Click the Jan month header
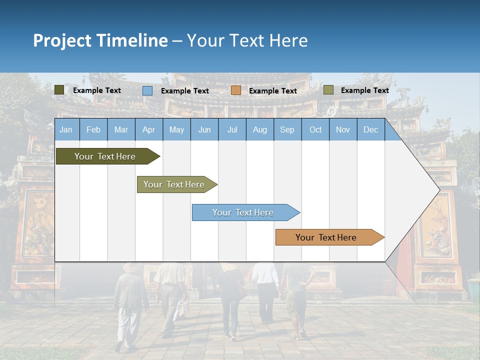point(66,130)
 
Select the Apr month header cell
point(148,130)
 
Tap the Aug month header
point(259,130)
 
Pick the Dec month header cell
point(370,130)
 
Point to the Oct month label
point(315,130)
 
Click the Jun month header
point(204,130)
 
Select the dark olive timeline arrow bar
point(105,156)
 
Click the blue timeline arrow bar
point(243,212)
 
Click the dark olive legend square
point(59,90)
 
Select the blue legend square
point(147,90)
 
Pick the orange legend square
point(236,90)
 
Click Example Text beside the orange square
point(272,91)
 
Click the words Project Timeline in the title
point(100,40)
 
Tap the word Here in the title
point(288,40)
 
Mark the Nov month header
point(342,130)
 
